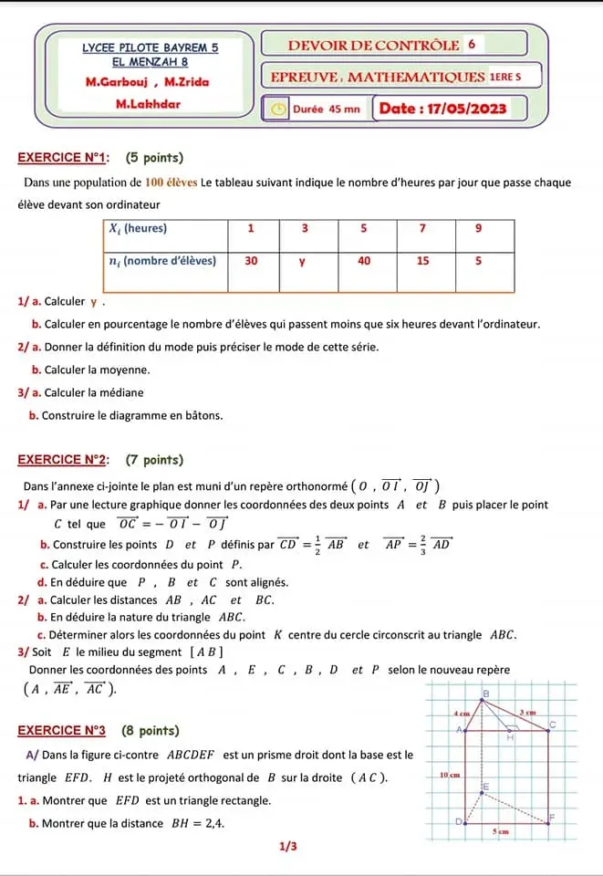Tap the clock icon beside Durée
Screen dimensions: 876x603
click(x=276, y=109)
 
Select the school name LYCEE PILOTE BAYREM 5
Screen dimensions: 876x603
click(x=151, y=46)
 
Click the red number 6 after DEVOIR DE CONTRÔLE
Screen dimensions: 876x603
click(x=471, y=43)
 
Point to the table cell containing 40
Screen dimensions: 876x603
click(x=364, y=260)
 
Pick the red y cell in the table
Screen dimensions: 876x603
click(x=304, y=260)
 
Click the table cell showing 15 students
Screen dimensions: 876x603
click(x=422, y=260)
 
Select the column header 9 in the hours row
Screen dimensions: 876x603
click(x=480, y=229)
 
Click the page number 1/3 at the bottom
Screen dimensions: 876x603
click(x=288, y=847)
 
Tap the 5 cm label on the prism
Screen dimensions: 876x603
click(x=501, y=831)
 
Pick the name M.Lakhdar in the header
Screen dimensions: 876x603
click(x=149, y=103)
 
